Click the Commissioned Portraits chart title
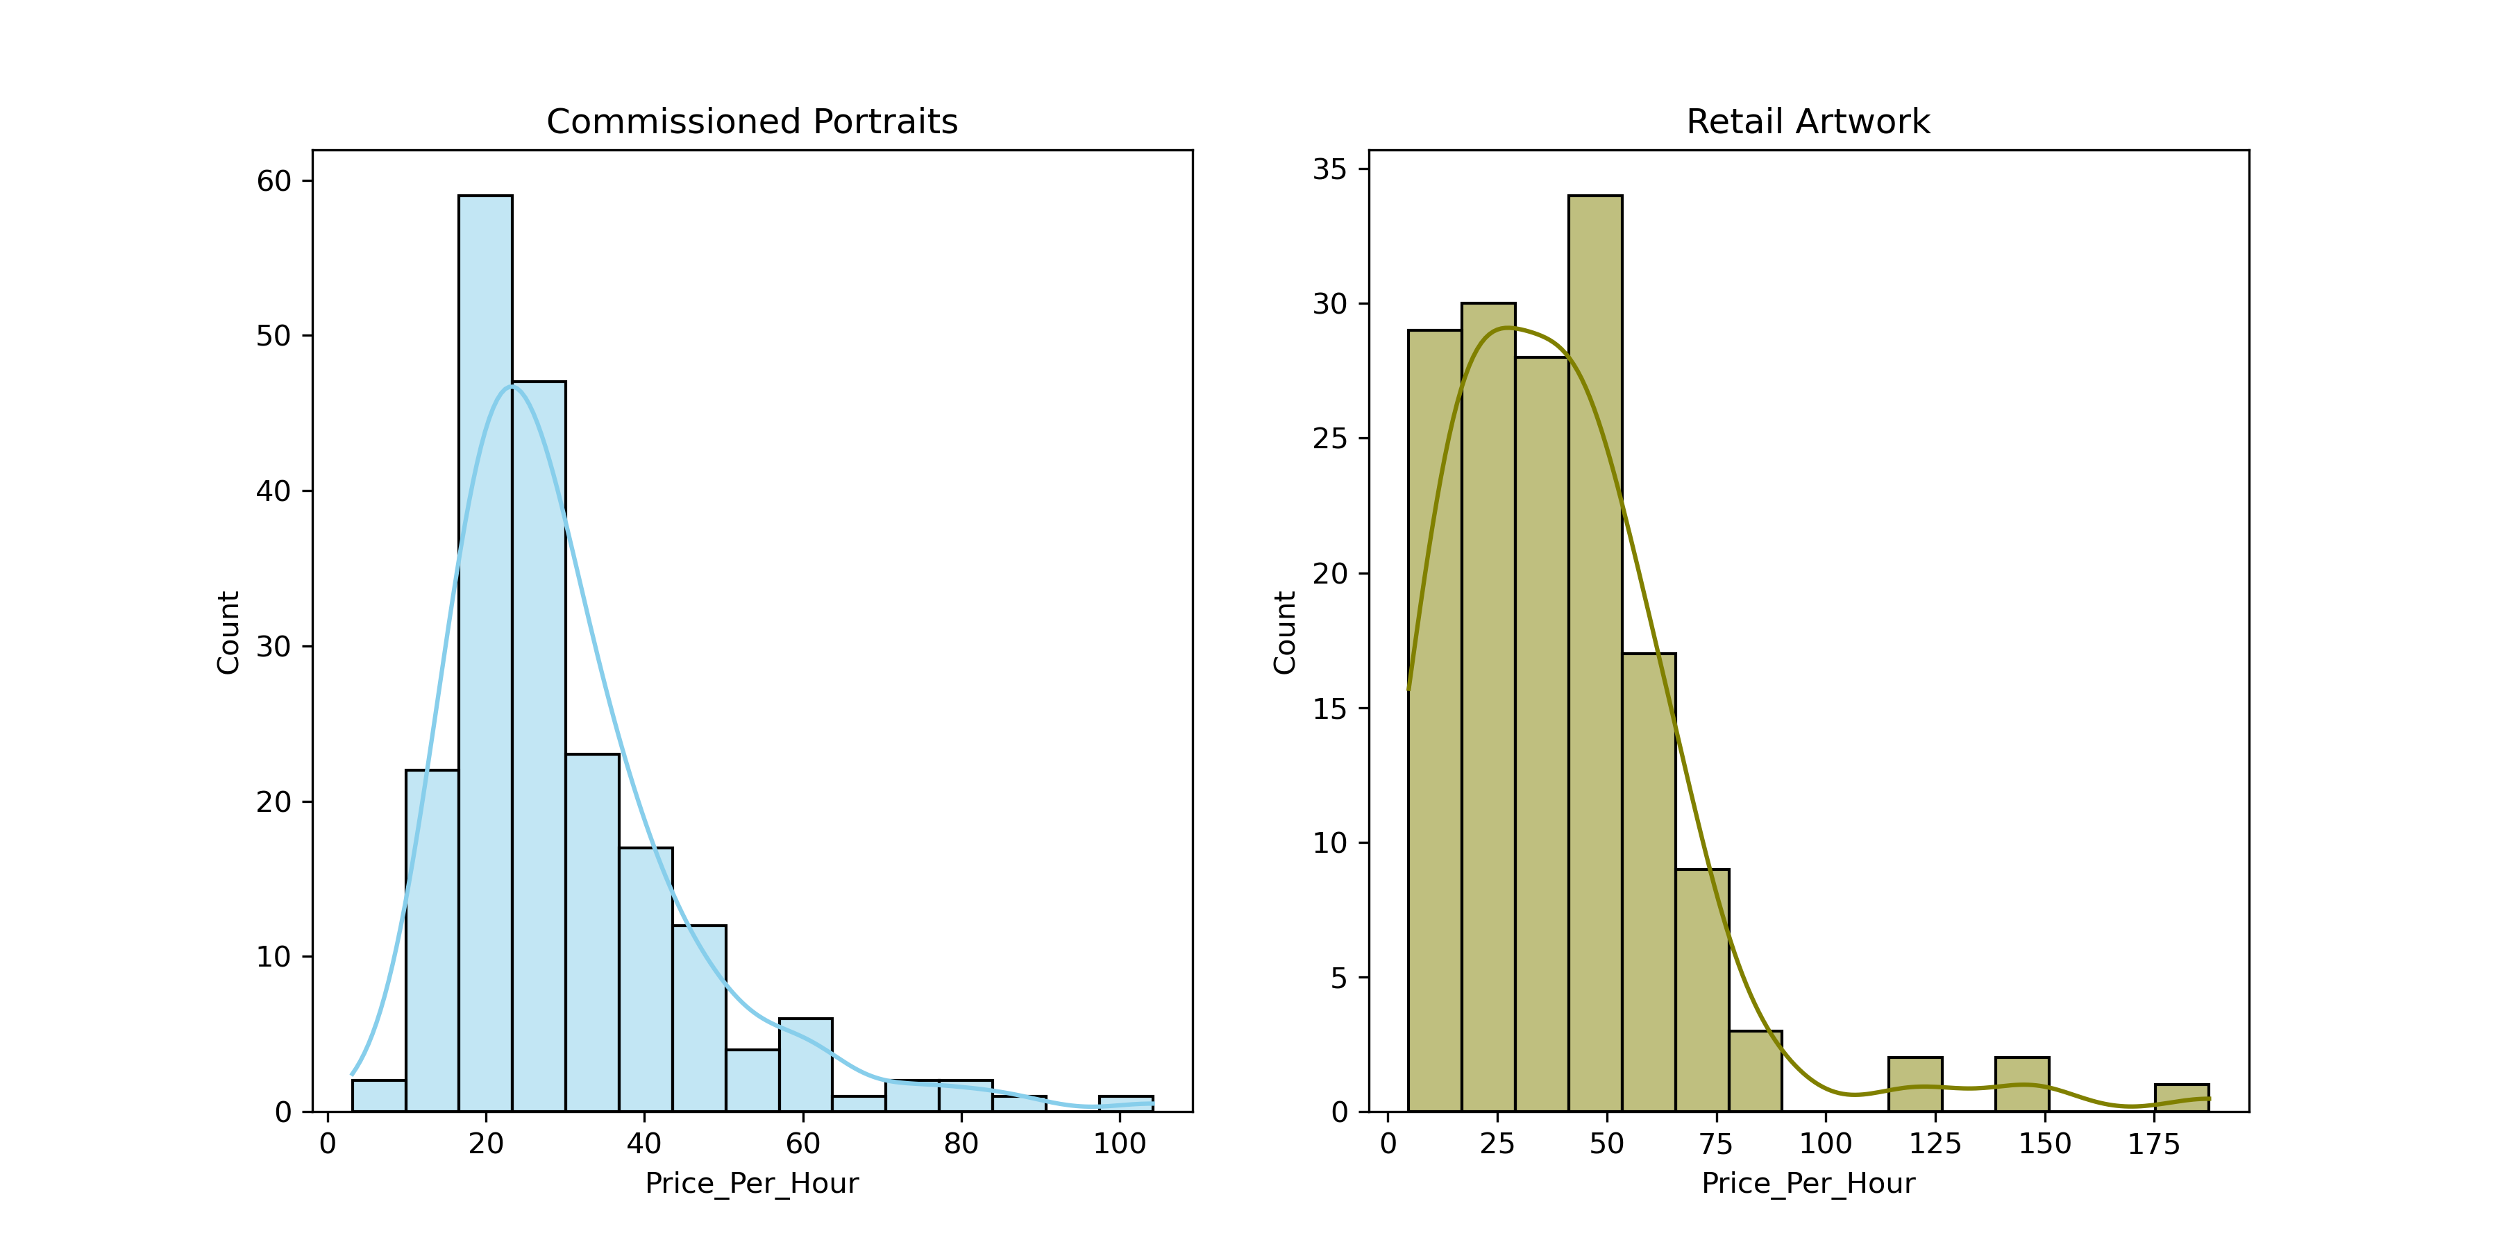(752, 122)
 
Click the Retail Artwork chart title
(1808, 122)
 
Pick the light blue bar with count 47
(539, 746)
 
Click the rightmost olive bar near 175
(2182, 1098)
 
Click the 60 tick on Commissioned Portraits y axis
(274, 181)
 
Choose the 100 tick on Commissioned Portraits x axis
(1120, 1144)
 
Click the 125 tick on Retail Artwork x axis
(1935, 1144)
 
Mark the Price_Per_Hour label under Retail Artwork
(1808, 1184)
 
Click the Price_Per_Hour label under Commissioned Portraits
(752, 1184)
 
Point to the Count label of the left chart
(228, 632)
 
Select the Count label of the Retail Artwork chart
(1284, 632)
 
